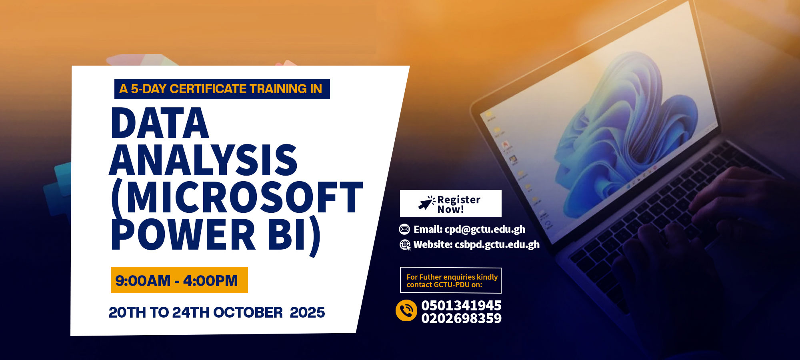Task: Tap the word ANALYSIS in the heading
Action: (x=203, y=160)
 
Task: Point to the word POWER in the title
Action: (x=183, y=234)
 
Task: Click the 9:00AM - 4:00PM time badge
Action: (x=179, y=280)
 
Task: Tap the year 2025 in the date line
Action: (x=307, y=312)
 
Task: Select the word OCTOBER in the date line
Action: (x=248, y=312)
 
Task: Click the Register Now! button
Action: (x=450, y=203)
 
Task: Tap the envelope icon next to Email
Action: (x=404, y=229)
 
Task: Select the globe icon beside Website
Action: (x=405, y=245)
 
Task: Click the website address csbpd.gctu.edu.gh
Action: (x=497, y=244)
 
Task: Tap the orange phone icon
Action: (x=406, y=310)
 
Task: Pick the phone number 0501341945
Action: (x=461, y=305)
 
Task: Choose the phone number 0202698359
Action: (x=461, y=318)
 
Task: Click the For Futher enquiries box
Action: (x=450, y=280)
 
